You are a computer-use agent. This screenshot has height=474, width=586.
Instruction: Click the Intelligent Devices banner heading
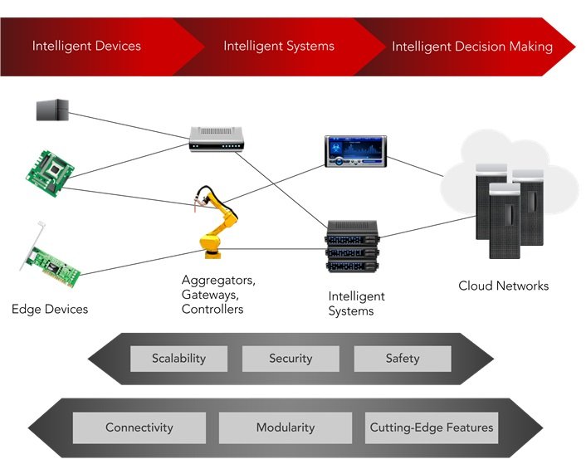(86, 46)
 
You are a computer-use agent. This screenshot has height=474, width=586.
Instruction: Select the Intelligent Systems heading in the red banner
(278, 46)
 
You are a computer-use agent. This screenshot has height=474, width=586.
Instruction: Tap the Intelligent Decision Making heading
(471, 46)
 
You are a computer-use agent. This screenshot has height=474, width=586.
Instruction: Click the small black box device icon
(52, 109)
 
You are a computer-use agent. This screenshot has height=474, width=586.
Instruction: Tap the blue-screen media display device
(355, 152)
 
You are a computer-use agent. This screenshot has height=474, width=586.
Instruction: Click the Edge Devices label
(50, 310)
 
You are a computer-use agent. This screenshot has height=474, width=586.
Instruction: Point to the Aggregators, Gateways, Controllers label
(218, 295)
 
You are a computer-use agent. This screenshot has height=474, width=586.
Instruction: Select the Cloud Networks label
(503, 286)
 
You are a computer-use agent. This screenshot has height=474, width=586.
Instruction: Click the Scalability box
(178, 359)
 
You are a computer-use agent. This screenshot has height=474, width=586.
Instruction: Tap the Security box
(291, 359)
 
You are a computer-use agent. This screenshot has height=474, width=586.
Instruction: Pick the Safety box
(402, 359)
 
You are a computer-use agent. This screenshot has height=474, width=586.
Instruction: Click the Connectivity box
(139, 428)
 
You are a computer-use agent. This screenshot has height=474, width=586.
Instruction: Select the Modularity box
(285, 428)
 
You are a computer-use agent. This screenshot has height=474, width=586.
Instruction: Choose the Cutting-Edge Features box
(432, 428)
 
